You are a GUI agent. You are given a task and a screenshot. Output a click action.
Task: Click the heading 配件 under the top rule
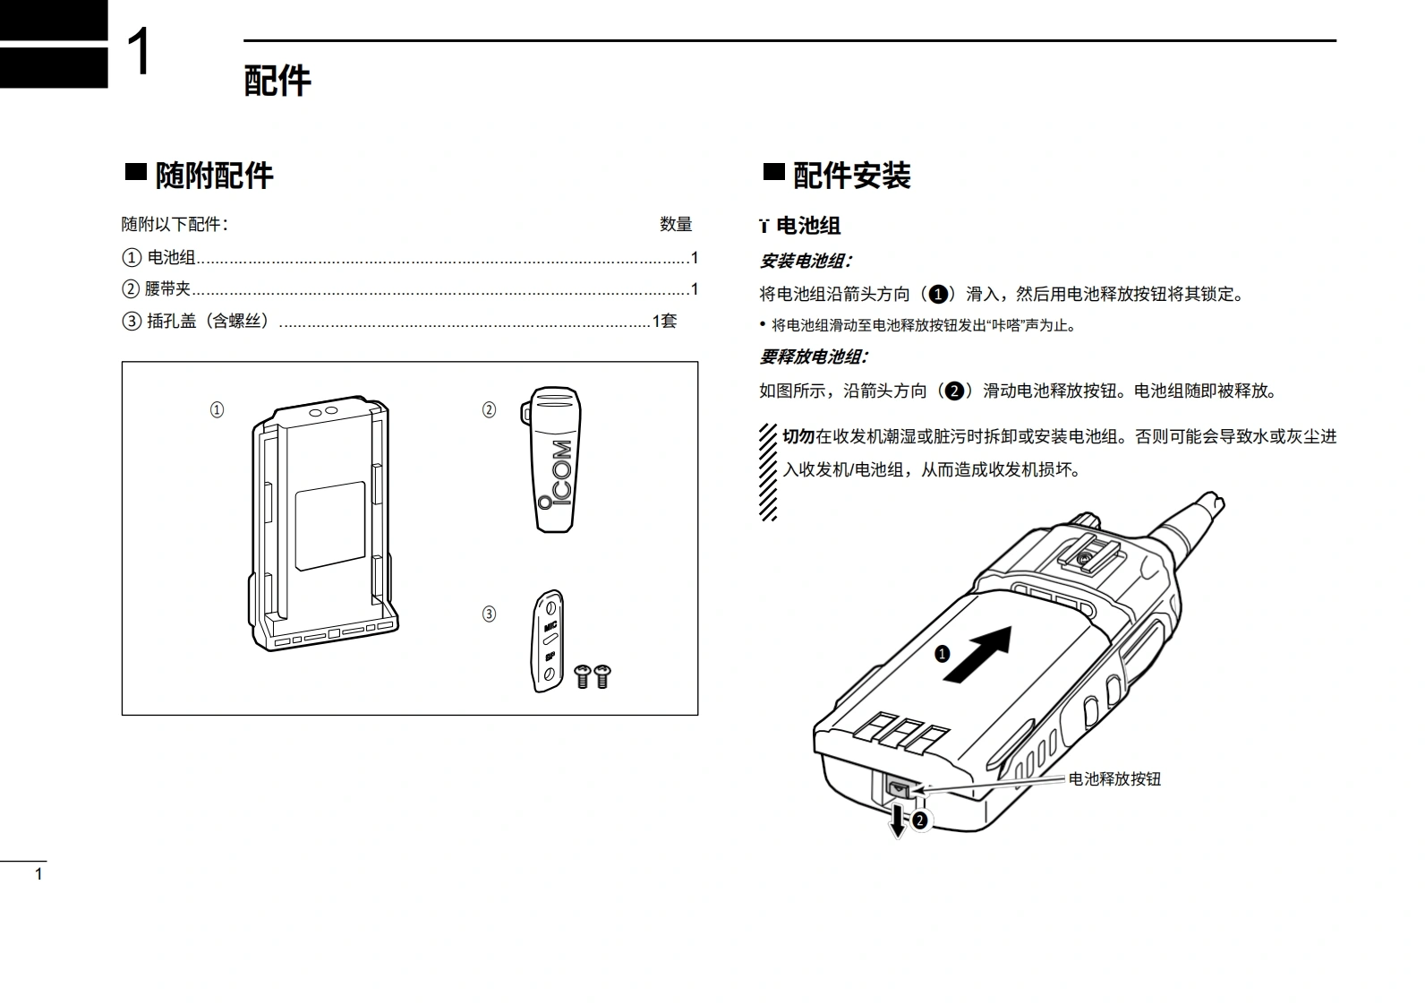point(277,81)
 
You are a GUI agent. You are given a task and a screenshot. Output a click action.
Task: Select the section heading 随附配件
point(214,175)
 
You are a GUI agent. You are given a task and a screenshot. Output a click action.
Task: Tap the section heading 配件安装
point(851,175)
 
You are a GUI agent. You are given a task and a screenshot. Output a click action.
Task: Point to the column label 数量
point(676,224)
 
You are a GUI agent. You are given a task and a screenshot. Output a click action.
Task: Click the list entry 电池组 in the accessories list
point(171,258)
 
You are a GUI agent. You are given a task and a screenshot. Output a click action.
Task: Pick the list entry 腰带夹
point(168,289)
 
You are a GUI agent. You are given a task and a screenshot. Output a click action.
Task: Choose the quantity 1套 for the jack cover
point(664,321)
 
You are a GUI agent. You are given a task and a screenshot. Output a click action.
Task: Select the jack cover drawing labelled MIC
point(549,640)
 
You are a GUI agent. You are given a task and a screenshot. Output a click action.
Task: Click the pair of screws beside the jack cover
point(593,675)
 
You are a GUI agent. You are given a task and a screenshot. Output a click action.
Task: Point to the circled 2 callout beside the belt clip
point(489,410)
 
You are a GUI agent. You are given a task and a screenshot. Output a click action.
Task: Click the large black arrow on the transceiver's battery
point(977,654)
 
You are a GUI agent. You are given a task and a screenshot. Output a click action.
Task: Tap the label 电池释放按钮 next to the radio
point(1114,778)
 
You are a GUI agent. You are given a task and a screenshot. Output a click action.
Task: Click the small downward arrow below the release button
point(897,820)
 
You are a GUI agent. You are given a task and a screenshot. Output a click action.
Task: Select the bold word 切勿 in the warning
point(798,436)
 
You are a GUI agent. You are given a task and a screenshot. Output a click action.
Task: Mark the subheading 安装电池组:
point(806,262)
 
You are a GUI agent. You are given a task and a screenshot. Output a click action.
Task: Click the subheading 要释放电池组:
point(814,356)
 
